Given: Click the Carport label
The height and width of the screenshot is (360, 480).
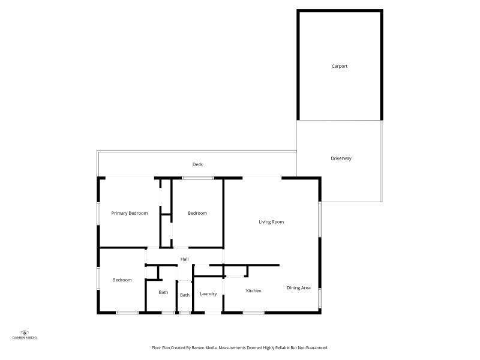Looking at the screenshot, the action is click(339, 66).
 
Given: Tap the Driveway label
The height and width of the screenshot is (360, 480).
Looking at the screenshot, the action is click(341, 158).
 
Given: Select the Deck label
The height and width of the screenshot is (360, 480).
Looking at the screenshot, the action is click(197, 164).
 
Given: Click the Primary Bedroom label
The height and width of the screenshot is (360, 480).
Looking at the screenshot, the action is click(130, 213).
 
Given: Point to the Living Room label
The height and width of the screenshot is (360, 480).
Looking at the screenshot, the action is click(271, 222).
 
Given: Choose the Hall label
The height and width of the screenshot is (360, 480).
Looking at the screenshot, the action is click(184, 259).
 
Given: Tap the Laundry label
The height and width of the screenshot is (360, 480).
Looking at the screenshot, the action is click(208, 294).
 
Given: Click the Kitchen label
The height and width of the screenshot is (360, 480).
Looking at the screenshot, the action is click(254, 291).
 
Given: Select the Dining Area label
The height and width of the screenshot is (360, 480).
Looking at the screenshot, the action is click(299, 288).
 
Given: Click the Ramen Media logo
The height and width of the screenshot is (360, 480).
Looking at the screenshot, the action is click(25, 335).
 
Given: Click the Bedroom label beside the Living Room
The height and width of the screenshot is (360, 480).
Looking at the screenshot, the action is click(197, 213).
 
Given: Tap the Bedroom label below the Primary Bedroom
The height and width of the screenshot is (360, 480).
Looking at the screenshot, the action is click(122, 280).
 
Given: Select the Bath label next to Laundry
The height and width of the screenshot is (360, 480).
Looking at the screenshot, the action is click(185, 295).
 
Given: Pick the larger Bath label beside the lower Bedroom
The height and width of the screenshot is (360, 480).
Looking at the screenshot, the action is click(163, 292).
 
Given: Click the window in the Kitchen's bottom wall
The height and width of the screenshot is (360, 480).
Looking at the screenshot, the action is click(254, 313).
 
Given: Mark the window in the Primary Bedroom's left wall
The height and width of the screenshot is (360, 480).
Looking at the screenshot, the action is click(98, 214).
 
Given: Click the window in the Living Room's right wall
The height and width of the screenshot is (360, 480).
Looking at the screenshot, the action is click(320, 219).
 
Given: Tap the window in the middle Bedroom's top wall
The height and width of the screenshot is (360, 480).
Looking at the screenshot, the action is click(198, 178).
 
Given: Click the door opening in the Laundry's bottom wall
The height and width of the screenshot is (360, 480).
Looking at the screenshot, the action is click(213, 313).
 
